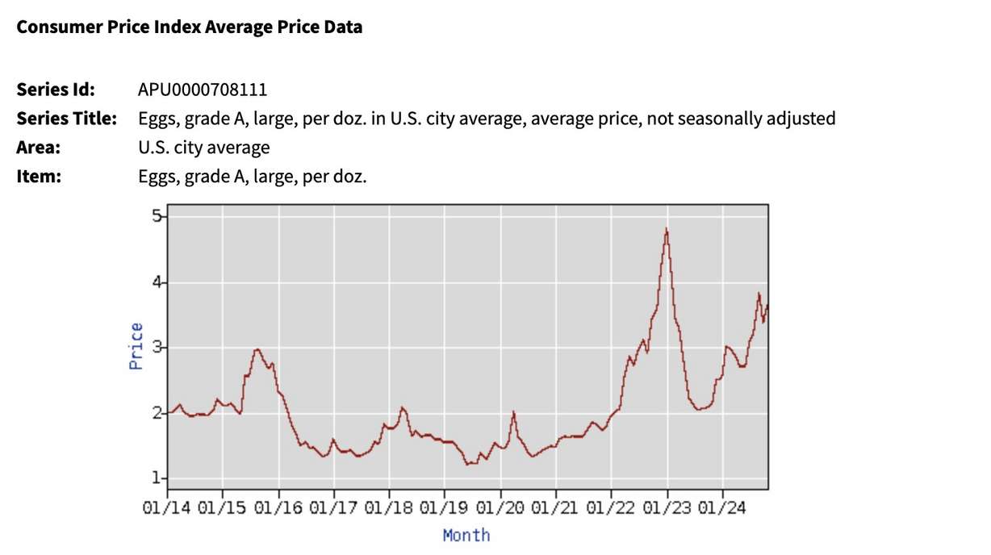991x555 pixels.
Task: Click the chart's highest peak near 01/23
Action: [x=667, y=231]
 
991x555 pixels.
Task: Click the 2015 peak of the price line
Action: [x=257, y=349]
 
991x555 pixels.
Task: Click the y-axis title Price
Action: [x=136, y=346]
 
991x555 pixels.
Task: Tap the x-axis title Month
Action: [x=466, y=535]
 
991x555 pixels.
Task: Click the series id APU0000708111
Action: [x=203, y=89]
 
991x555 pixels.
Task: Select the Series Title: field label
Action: [x=67, y=119]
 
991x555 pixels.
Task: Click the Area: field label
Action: [x=39, y=148]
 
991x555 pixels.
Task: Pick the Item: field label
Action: [x=39, y=176]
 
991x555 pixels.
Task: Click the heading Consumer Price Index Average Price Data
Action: [x=190, y=27]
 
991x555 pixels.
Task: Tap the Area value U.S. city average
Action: [x=204, y=148]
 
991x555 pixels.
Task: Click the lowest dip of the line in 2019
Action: [x=469, y=464]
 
